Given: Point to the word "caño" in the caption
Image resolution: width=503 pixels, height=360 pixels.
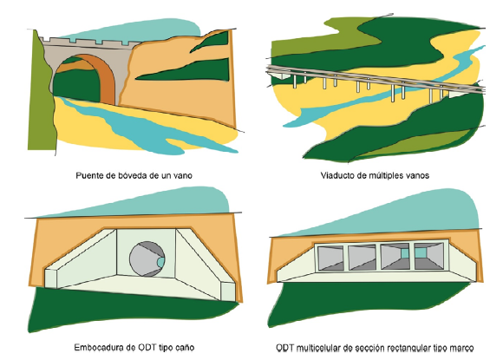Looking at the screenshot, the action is (185, 348).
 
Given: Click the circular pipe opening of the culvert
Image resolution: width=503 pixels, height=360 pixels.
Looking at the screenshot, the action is (147, 259).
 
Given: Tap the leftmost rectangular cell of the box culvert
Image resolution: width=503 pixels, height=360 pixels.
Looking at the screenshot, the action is (330, 259).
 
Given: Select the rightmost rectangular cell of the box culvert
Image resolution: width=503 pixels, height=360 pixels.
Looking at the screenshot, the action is (429, 256).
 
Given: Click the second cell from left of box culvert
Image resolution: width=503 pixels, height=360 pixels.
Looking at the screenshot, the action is (363, 258).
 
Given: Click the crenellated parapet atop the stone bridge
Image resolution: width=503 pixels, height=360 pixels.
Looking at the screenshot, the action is (90, 43).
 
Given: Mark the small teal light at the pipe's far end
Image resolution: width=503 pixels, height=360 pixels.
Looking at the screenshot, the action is (160, 262).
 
